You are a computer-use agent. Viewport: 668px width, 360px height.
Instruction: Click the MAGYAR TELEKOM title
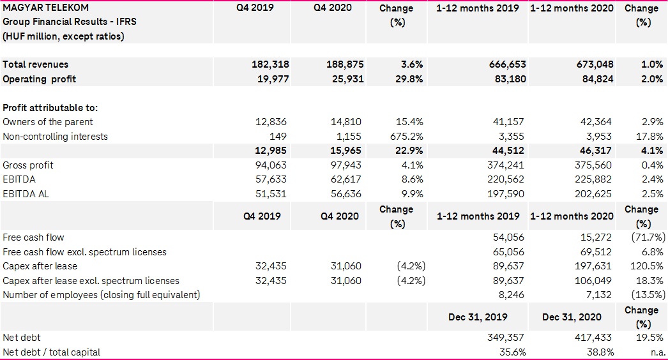(x=46, y=8)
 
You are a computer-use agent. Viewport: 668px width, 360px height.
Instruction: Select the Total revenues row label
(x=35, y=64)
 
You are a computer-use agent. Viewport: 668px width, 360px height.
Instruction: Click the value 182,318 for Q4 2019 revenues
(x=268, y=64)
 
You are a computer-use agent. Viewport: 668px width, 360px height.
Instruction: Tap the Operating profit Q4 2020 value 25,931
(x=342, y=79)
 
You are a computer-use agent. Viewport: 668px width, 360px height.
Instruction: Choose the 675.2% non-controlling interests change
(x=406, y=137)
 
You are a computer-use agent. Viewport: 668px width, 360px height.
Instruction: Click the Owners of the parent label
(x=48, y=122)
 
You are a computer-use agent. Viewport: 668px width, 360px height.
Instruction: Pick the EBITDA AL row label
(x=26, y=194)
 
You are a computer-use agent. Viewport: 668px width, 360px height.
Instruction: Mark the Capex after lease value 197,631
(x=591, y=266)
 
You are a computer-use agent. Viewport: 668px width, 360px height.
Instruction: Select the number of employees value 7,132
(x=596, y=295)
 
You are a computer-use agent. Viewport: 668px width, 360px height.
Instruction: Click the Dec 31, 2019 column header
(x=478, y=317)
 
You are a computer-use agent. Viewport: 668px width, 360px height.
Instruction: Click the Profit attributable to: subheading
(x=50, y=108)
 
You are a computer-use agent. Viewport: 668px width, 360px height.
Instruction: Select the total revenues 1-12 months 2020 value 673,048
(x=591, y=64)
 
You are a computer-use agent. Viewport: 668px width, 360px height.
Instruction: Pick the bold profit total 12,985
(x=270, y=151)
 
